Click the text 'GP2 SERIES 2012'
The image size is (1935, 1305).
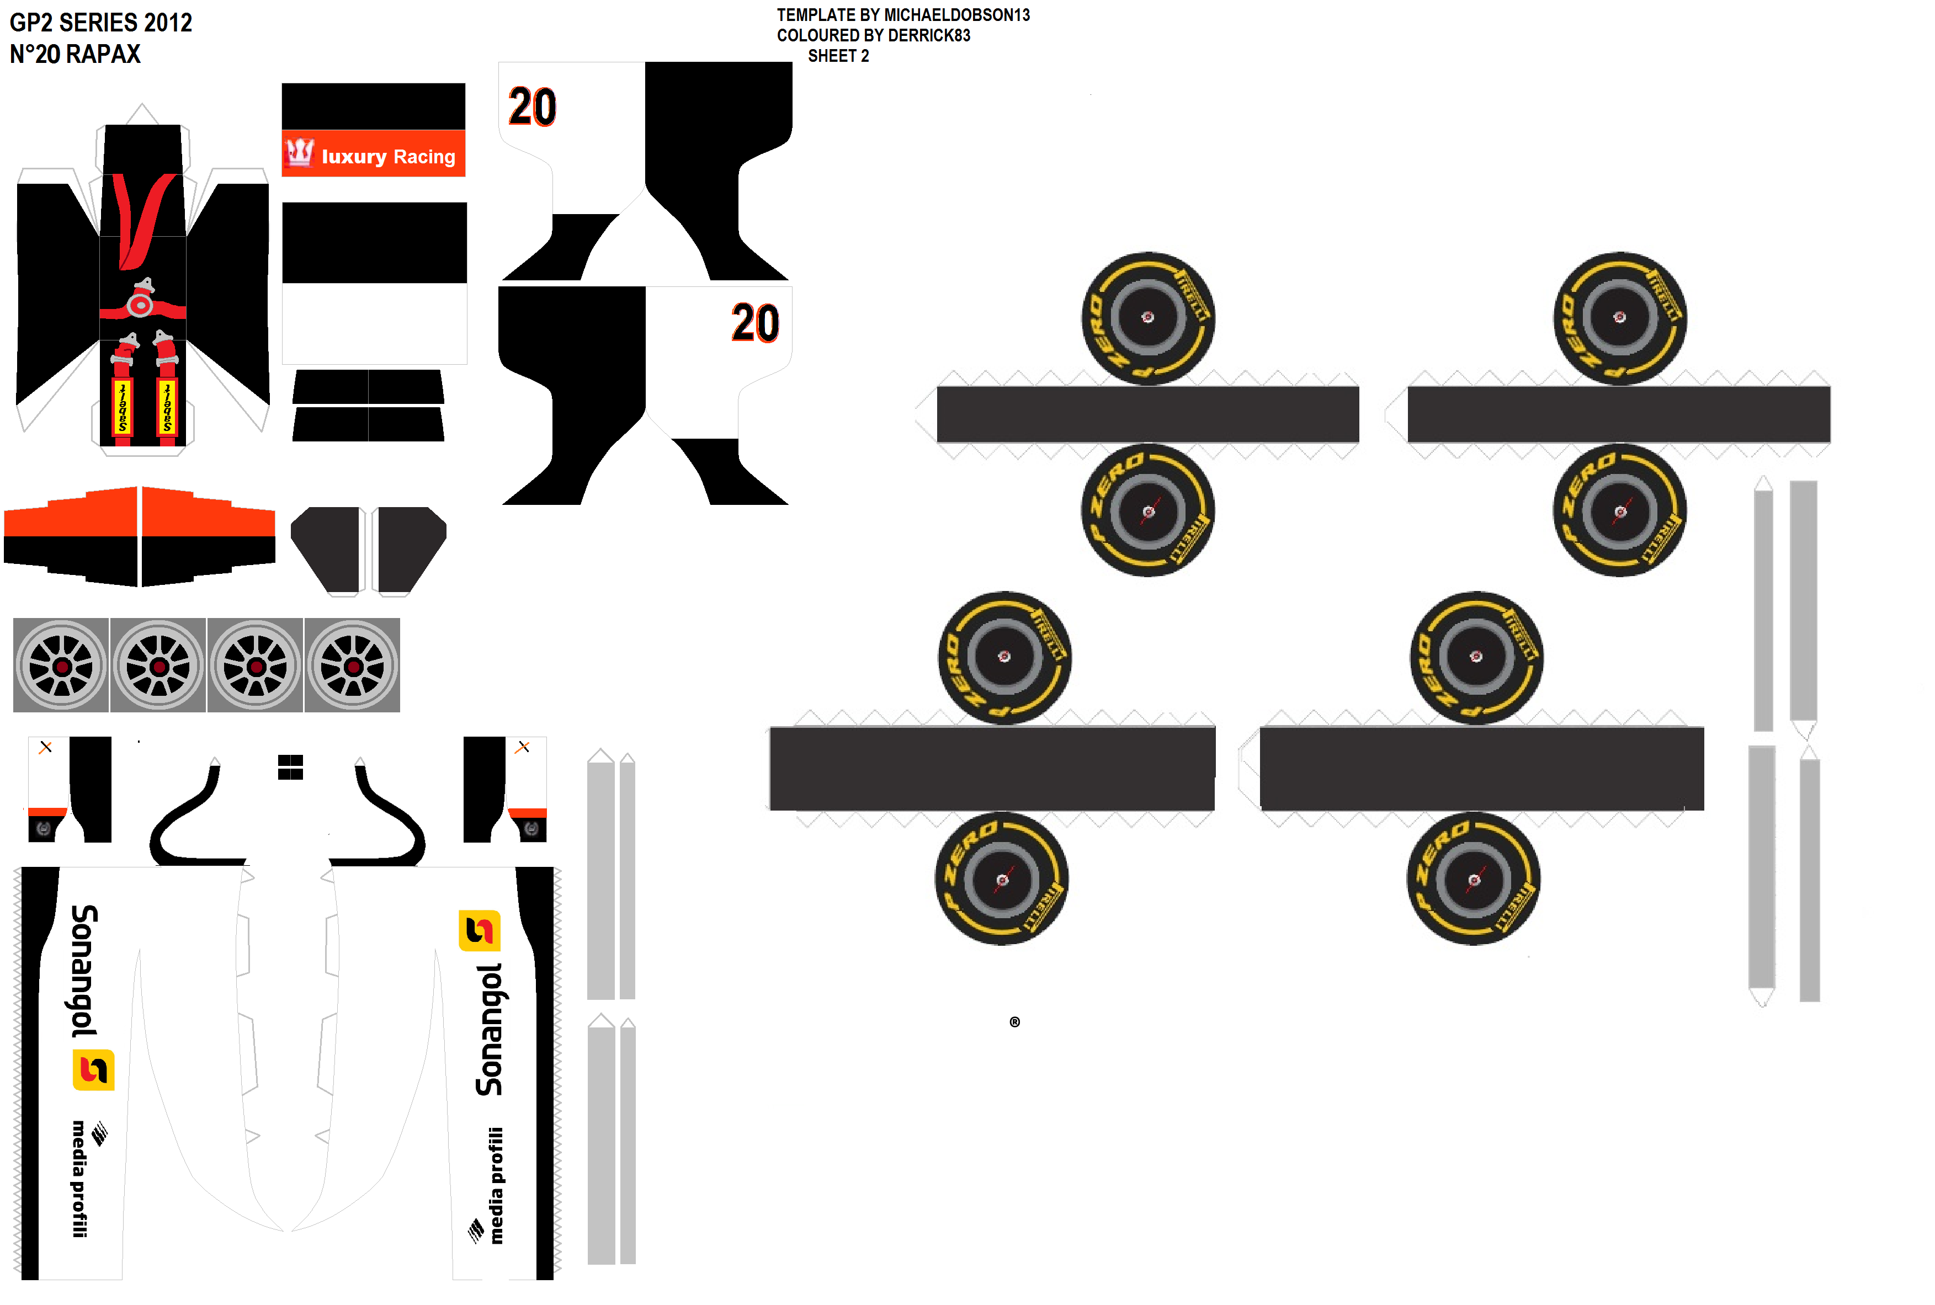coord(100,23)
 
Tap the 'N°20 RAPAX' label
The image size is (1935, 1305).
coord(75,54)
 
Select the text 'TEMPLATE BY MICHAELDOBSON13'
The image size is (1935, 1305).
coord(903,15)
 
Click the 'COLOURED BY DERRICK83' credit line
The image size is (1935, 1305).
coord(873,35)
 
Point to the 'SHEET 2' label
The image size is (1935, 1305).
coord(838,56)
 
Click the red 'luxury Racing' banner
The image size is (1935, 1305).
coord(374,155)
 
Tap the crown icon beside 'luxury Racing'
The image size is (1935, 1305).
coord(300,152)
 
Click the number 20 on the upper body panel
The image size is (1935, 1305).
coord(532,108)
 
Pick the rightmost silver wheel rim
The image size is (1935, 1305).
coord(353,666)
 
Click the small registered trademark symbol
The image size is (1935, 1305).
coord(1014,1022)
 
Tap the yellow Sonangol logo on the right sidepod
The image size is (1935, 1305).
coord(480,930)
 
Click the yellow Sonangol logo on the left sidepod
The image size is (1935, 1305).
coord(93,1070)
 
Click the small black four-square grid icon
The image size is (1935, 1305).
coord(290,766)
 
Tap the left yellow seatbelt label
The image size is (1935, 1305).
coord(123,407)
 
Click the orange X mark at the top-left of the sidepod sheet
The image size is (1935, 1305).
coord(46,747)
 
